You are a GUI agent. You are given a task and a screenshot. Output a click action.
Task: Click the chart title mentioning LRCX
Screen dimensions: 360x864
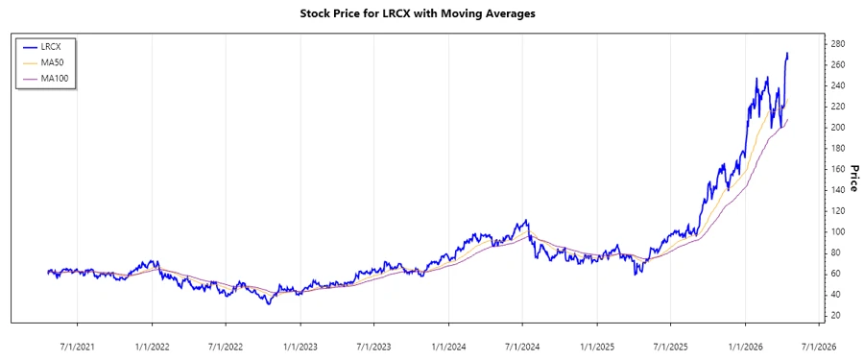coord(432,13)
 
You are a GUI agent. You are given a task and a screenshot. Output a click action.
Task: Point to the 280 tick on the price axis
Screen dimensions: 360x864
coord(837,44)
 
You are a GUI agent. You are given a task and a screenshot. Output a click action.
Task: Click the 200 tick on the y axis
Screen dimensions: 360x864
coord(837,128)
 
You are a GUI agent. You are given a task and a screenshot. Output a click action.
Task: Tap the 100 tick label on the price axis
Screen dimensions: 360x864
coord(837,231)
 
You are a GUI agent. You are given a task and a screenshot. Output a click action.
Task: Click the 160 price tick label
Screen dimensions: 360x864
coord(837,169)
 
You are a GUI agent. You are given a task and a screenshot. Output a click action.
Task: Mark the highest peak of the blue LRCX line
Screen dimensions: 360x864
coord(788,54)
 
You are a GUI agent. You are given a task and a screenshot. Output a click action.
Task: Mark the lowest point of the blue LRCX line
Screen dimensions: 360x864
coord(269,303)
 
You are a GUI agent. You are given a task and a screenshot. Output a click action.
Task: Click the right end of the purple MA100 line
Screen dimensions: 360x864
coord(787,120)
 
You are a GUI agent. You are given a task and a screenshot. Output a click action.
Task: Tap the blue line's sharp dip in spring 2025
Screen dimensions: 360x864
coord(636,275)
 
